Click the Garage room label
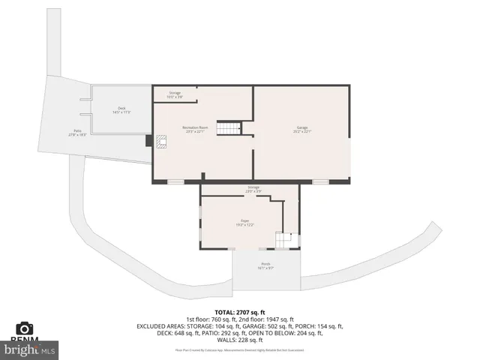(302, 127)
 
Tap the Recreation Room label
(195, 127)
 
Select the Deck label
(121, 108)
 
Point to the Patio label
(77, 130)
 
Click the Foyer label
(245, 220)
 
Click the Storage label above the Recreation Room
(174, 92)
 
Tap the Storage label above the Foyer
(253, 187)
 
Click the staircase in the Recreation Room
(228, 128)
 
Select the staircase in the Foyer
(283, 240)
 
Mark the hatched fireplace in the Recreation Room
(160, 140)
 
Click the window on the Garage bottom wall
(320, 181)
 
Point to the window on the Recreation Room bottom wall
(175, 181)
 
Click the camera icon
(25, 328)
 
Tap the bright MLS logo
(30, 349)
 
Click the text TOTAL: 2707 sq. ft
(240, 311)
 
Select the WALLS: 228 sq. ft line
(240, 341)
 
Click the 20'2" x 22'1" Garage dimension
(302, 132)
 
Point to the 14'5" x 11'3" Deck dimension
(121, 112)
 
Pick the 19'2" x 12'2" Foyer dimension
(245, 225)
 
